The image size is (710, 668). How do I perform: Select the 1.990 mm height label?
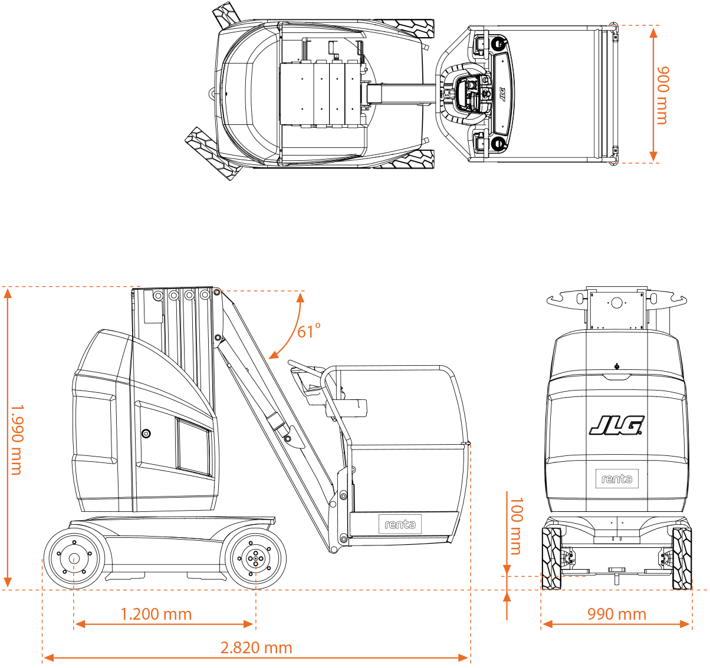pyautogui.click(x=17, y=439)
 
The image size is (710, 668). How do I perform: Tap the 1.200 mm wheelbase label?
pyautogui.click(x=156, y=614)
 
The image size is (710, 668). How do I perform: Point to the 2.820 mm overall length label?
pyautogui.click(x=257, y=647)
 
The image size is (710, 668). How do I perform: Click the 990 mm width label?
pyautogui.click(x=617, y=614)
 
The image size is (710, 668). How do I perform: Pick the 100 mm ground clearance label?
pyautogui.click(x=516, y=526)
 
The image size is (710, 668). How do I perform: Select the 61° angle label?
pyautogui.click(x=308, y=331)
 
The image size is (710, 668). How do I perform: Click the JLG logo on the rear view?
pyautogui.click(x=616, y=425)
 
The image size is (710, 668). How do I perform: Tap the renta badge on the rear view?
pyautogui.click(x=617, y=478)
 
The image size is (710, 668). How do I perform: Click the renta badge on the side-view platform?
pyautogui.click(x=400, y=524)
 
